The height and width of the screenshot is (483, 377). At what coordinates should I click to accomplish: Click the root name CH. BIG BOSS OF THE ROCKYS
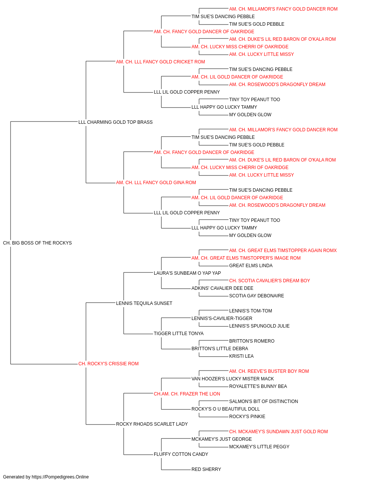[x=37, y=243]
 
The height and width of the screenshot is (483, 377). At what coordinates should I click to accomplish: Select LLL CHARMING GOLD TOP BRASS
[x=115, y=122]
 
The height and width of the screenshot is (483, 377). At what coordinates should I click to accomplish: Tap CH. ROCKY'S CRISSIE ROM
[x=108, y=364]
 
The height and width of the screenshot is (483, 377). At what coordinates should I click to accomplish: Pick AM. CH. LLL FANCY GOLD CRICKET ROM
[x=160, y=62]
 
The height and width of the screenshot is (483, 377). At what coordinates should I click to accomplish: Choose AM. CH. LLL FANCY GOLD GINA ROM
[x=156, y=183]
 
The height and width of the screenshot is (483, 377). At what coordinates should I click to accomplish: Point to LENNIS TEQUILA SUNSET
[x=144, y=303]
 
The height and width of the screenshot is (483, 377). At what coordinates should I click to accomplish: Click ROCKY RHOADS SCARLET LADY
[x=152, y=424]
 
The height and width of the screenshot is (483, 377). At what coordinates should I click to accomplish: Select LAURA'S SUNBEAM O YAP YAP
[x=187, y=273]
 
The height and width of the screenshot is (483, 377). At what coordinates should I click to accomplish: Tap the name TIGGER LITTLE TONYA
[x=178, y=334]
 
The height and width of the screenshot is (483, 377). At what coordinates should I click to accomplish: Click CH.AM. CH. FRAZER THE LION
[x=187, y=394]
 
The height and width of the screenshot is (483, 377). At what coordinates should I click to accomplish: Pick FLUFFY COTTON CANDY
[x=181, y=454]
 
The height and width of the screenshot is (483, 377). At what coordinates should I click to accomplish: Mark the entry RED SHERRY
[x=206, y=469]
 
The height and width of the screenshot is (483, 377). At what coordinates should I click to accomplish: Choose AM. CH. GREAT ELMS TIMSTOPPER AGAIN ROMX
[x=283, y=251]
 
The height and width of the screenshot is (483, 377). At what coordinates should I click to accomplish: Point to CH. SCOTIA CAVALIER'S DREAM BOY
[x=270, y=280]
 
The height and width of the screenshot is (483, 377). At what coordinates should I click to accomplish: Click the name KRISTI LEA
[x=241, y=356]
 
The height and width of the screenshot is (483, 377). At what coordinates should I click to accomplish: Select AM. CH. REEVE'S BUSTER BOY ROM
[x=269, y=371]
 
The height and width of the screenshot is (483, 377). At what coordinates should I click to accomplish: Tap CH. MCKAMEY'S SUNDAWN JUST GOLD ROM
[x=279, y=431]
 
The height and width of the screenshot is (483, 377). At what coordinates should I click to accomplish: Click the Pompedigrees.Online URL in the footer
[x=60, y=477]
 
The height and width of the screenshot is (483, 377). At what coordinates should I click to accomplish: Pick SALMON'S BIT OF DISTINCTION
[x=264, y=401]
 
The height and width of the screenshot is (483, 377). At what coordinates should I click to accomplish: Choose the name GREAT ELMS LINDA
[x=251, y=265]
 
